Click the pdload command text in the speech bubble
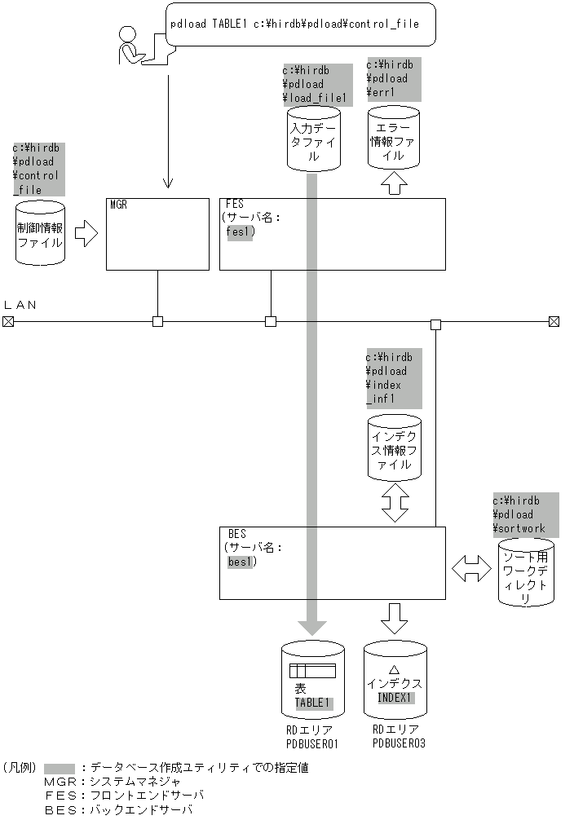tap(294, 24)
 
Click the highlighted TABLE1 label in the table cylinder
tap(314, 702)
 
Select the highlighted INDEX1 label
tap(395, 698)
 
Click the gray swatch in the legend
tap(60, 768)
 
